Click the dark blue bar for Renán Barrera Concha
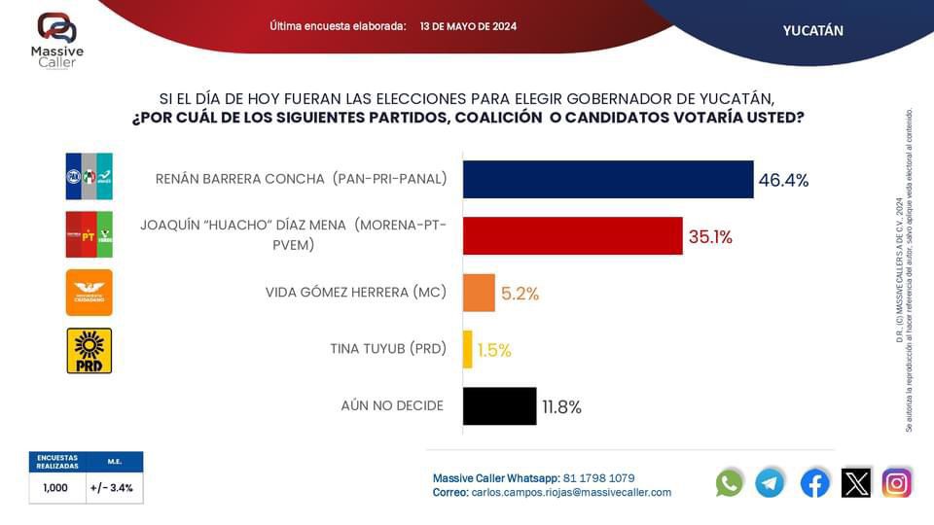pyautogui.click(x=608, y=180)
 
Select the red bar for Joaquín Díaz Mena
pyautogui.click(x=572, y=236)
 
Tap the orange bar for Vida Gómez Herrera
pyautogui.click(x=479, y=293)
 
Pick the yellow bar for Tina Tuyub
pyautogui.click(x=468, y=349)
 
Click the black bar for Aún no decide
pyautogui.click(x=499, y=406)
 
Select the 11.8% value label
pyautogui.click(x=563, y=406)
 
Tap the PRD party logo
pyautogui.click(x=89, y=350)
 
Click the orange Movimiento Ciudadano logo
pyautogui.click(x=89, y=293)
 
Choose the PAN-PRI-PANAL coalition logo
pyautogui.click(x=89, y=177)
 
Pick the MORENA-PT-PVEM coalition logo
pyautogui.click(x=89, y=234)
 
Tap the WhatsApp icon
pyautogui.click(x=729, y=482)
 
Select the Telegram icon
pyautogui.click(x=770, y=482)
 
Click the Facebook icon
pyautogui.click(x=814, y=482)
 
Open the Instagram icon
pyautogui.click(x=896, y=482)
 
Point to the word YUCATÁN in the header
pyautogui.click(x=812, y=30)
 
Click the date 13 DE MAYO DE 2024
pyautogui.click(x=468, y=26)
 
